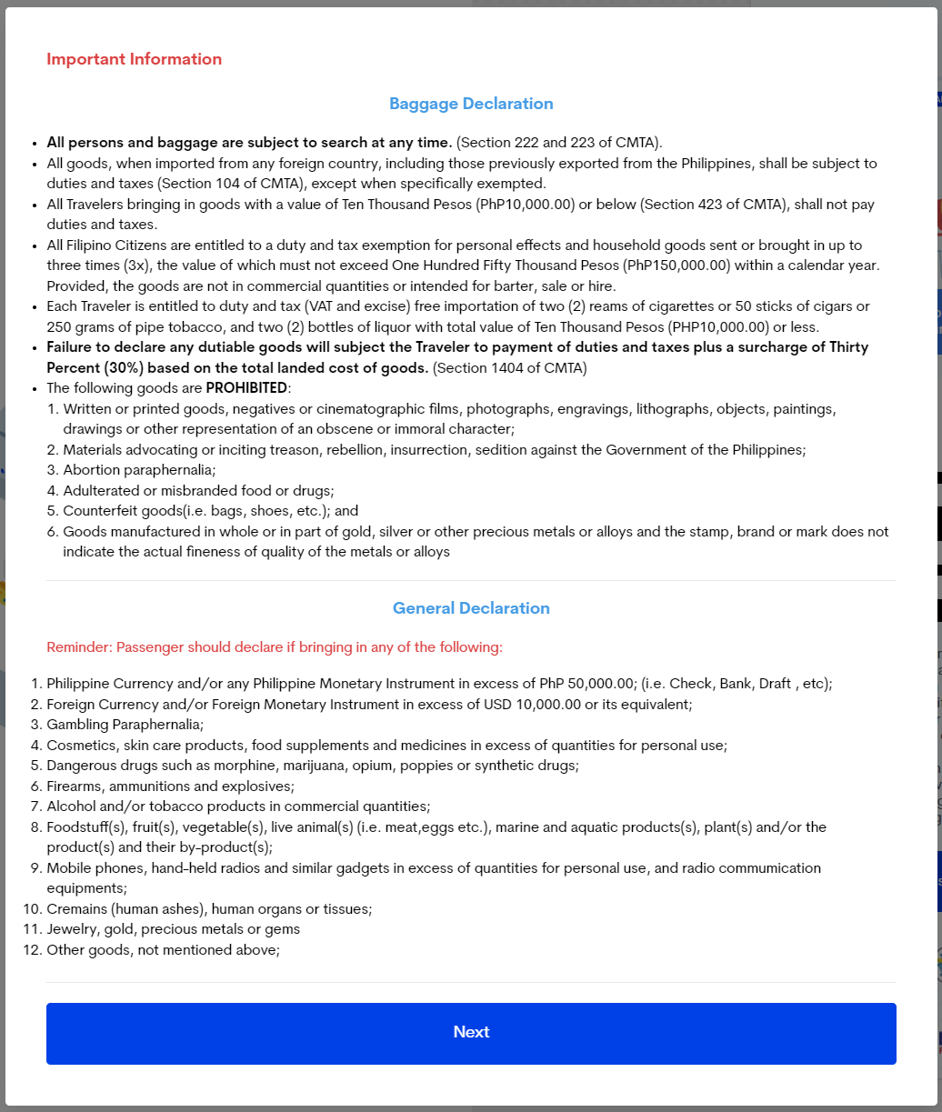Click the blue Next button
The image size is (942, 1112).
pyautogui.click(x=471, y=1033)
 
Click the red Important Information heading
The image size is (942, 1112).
pyautogui.click(x=134, y=59)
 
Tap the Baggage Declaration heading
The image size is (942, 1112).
pyautogui.click(x=471, y=104)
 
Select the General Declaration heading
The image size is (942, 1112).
pyautogui.click(x=471, y=608)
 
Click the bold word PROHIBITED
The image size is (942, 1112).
pyautogui.click(x=246, y=388)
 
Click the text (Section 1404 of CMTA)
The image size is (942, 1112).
pyautogui.click(x=510, y=368)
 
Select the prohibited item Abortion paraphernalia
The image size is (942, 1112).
pyautogui.click(x=139, y=470)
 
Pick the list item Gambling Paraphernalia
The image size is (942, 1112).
pyautogui.click(x=125, y=725)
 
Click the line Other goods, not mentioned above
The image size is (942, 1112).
pyautogui.click(x=163, y=950)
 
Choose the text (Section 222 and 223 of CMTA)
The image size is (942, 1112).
pyautogui.click(x=559, y=143)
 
